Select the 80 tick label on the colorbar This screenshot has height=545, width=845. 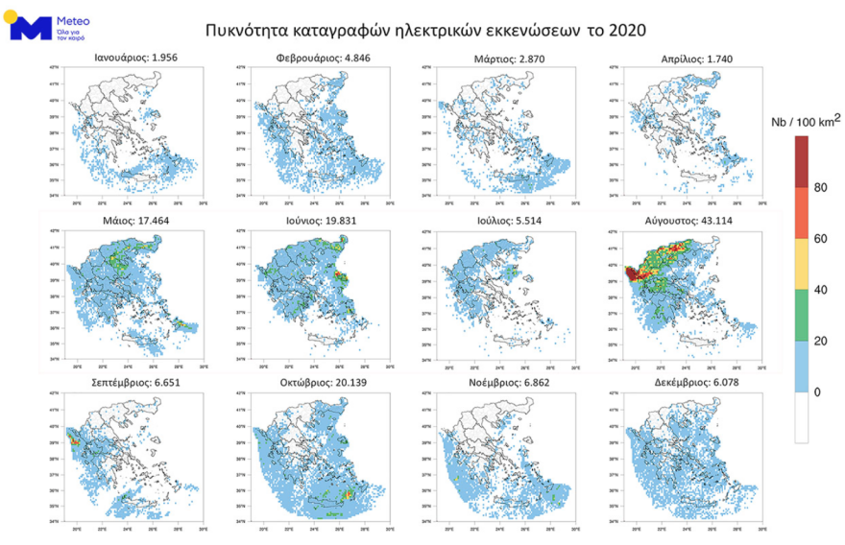point(820,187)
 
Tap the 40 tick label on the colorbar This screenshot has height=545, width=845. point(820,290)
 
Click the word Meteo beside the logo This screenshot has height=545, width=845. point(75,18)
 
